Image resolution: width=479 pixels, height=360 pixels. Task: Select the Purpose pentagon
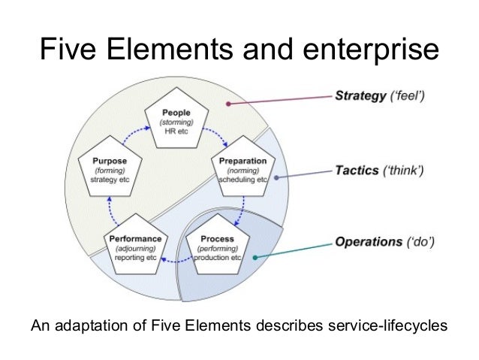point(109,168)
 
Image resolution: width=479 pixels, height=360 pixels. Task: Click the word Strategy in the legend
point(356,97)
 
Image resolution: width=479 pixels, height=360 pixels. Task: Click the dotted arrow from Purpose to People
point(131,138)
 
